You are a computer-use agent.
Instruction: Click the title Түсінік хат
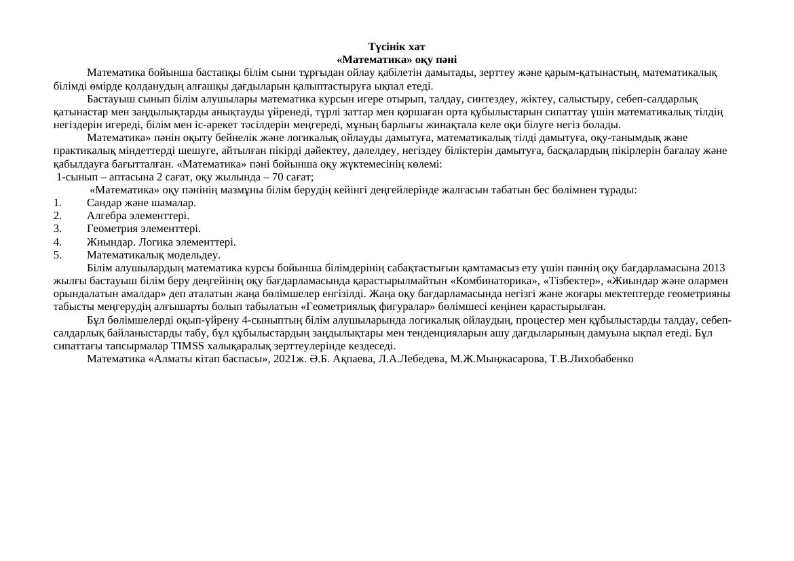click(396, 47)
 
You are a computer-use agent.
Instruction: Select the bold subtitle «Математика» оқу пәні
click(396, 60)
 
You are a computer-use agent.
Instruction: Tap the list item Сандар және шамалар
click(141, 203)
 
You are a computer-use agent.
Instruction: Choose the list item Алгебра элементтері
click(138, 216)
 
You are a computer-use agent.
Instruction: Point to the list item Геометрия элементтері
click(143, 229)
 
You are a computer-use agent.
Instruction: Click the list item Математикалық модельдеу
click(153, 255)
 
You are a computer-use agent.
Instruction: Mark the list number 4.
click(58, 242)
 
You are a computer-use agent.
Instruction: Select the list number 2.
click(58, 216)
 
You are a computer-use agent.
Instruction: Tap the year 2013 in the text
click(714, 268)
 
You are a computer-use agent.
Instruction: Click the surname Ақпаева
click(354, 359)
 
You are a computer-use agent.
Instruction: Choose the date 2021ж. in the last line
click(287, 359)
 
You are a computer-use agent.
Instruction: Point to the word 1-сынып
click(73, 177)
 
